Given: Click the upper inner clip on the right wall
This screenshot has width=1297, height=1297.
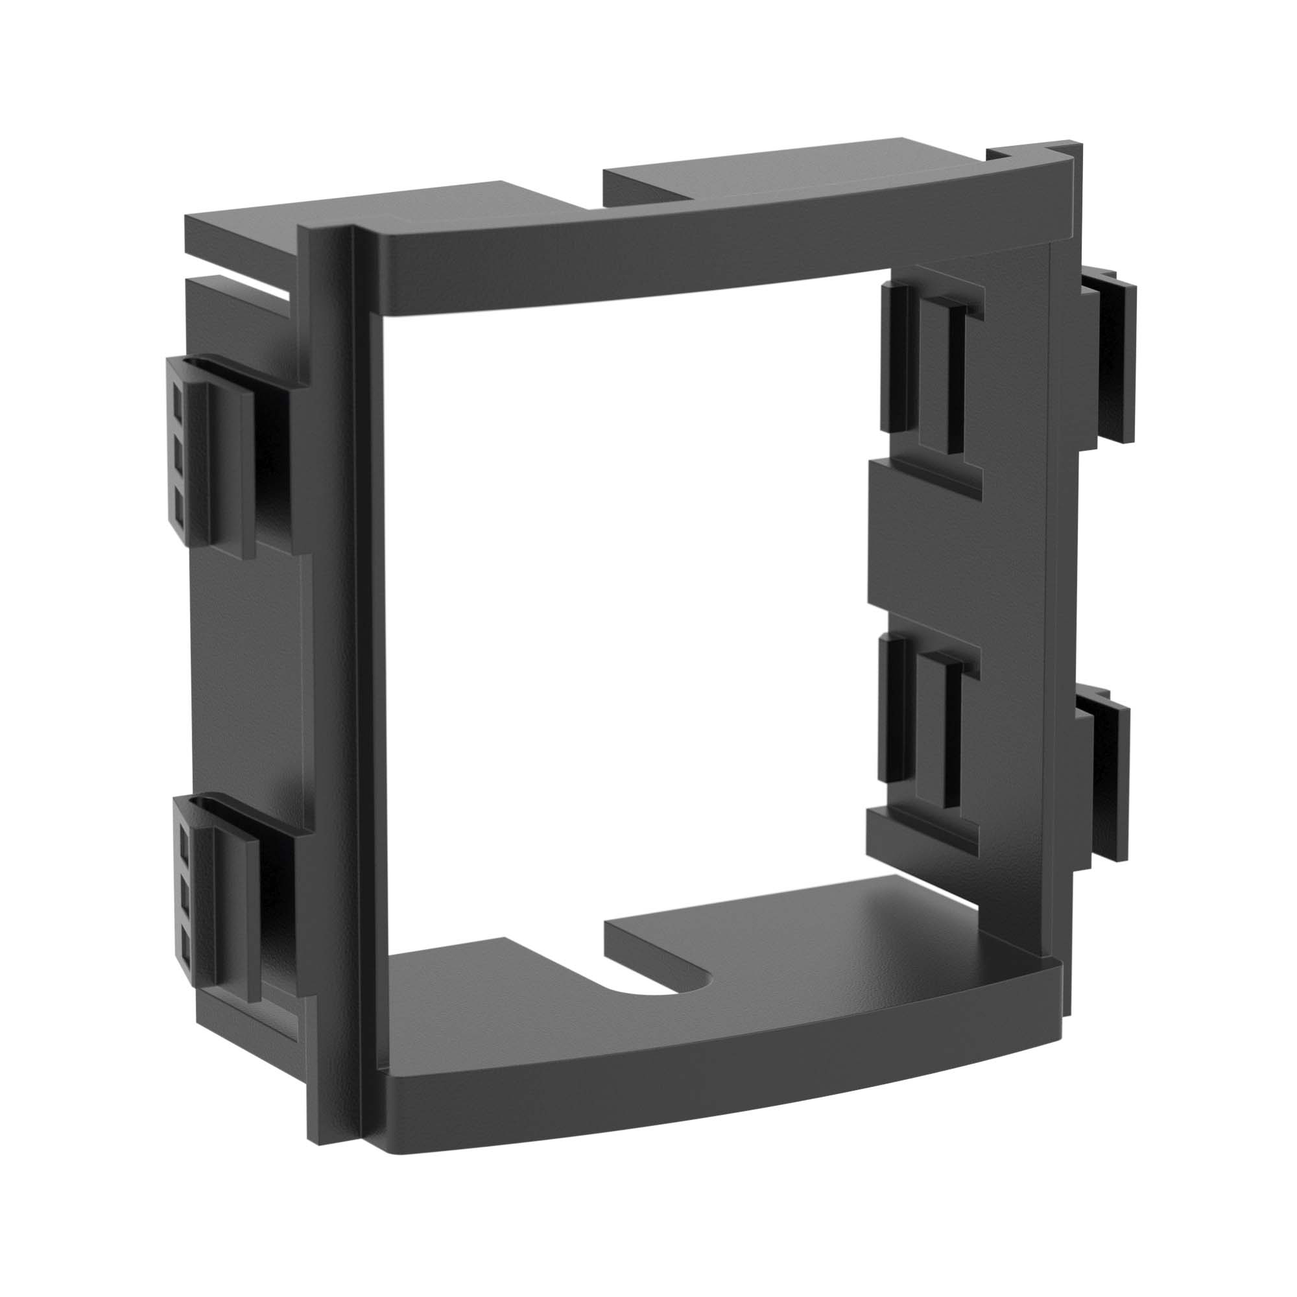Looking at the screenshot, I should coord(933,369).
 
